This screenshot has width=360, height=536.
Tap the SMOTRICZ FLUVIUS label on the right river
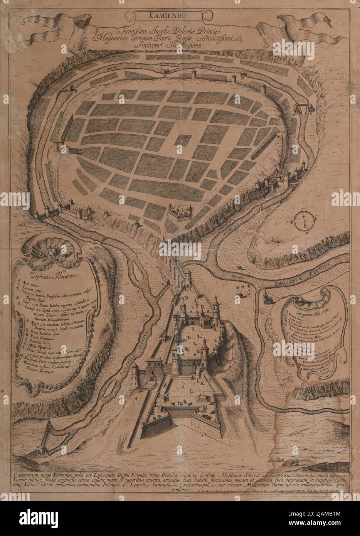click(303, 275)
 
